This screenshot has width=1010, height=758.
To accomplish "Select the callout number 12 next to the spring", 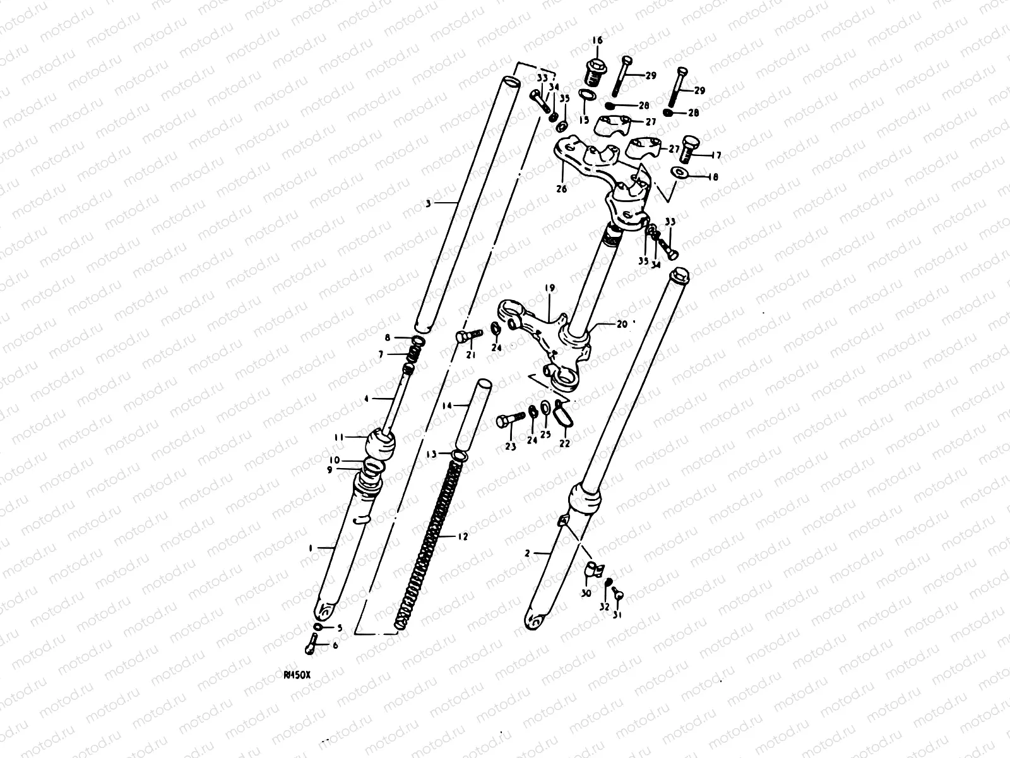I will pyautogui.click(x=463, y=537).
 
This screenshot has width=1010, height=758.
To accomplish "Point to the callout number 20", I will pyautogui.click(x=622, y=324).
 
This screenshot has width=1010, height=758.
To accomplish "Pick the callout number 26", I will pyautogui.click(x=561, y=188).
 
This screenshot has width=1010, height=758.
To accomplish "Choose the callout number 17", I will pyautogui.click(x=716, y=155).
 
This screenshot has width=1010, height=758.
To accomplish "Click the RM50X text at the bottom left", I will pyautogui.click(x=297, y=675).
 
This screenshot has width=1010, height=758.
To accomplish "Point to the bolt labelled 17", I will pyautogui.click(x=691, y=148).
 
